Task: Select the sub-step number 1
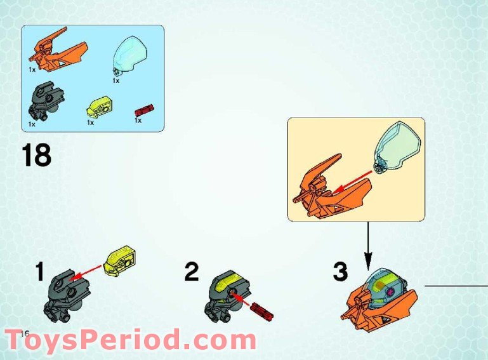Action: (39, 273)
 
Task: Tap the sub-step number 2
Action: (191, 272)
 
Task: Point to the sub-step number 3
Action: (340, 272)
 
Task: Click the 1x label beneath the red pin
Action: (138, 120)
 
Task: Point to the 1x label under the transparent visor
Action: (115, 81)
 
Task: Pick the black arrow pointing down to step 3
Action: (367, 244)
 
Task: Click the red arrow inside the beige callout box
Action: (353, 180)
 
